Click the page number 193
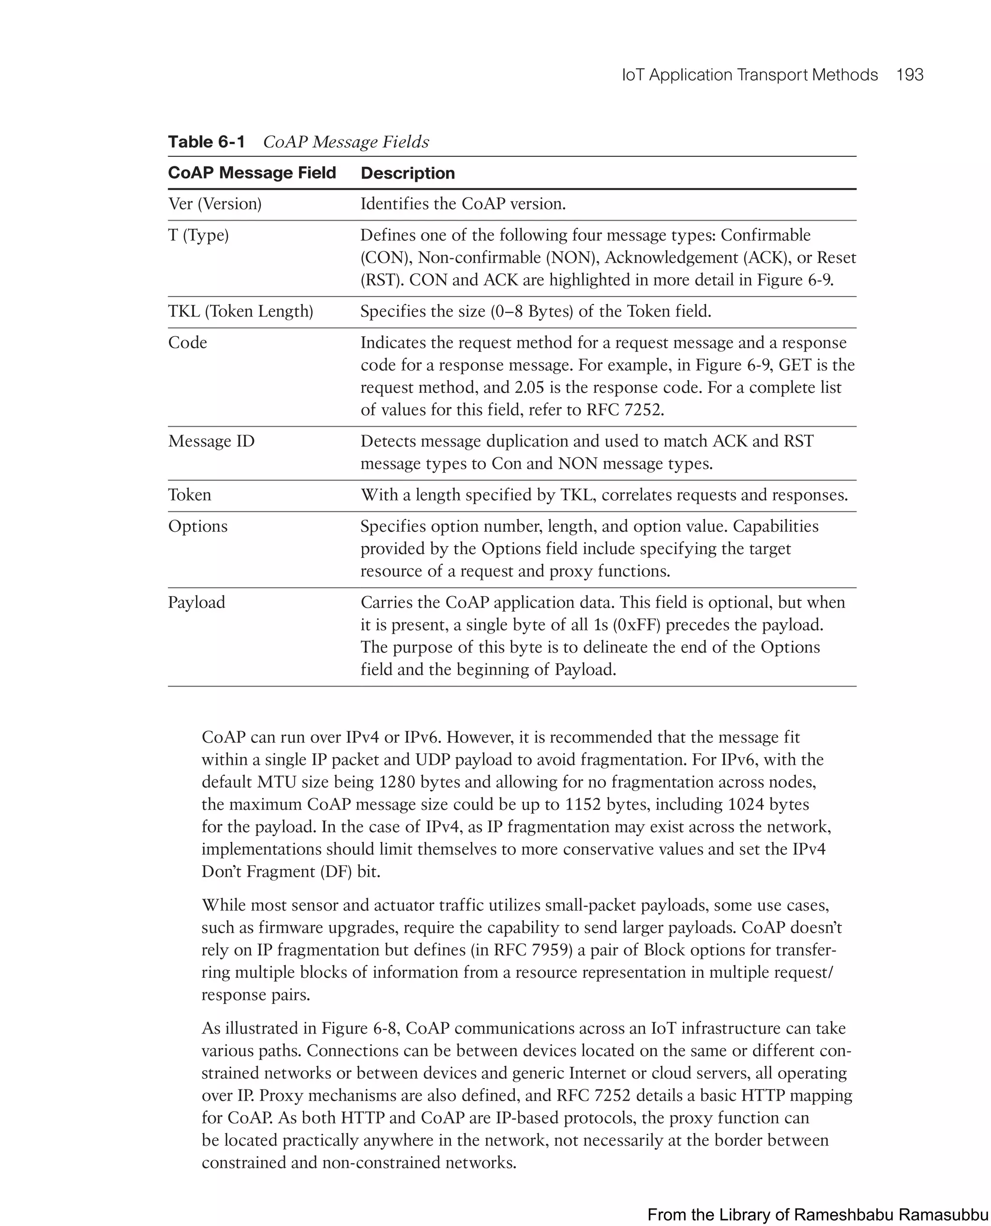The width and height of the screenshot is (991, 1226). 909,75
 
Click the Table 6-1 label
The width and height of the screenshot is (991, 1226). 206,142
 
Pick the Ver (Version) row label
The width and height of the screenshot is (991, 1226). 215,204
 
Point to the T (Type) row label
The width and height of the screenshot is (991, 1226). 198,235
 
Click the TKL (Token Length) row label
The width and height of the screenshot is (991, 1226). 240,311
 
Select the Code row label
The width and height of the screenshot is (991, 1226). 187,343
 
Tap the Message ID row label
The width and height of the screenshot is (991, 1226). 211,441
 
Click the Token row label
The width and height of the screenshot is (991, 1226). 190,495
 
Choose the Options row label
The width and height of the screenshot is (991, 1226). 197,526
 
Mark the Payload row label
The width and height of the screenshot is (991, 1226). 196,603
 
